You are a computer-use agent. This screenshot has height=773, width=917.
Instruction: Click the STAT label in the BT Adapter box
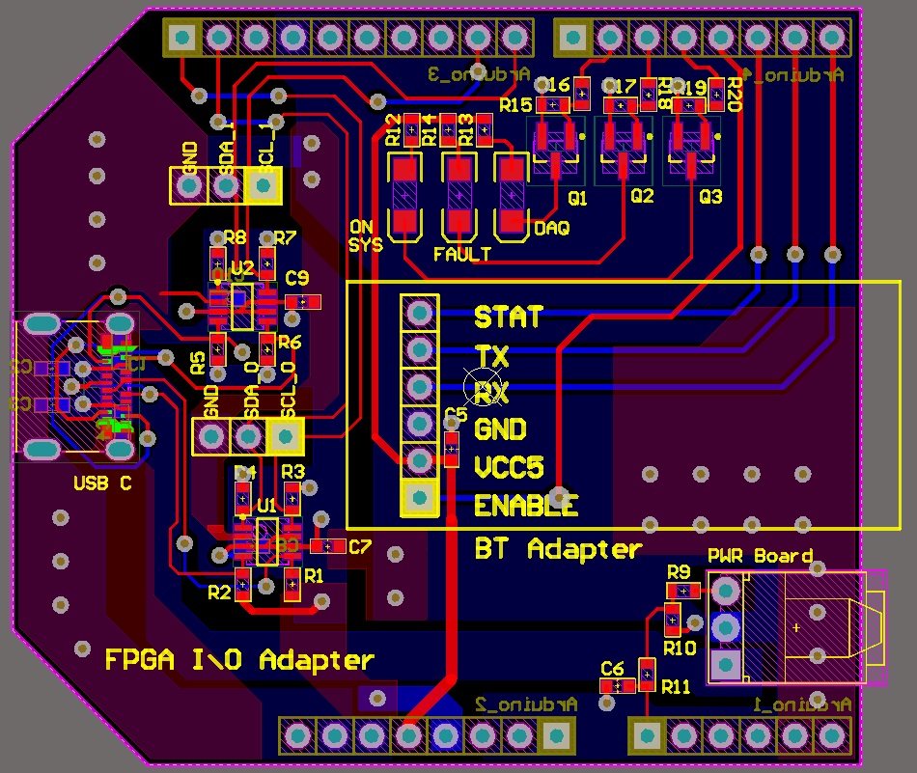tap(508, 317)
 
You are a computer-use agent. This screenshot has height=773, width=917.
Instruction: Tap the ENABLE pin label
tap(526, 505)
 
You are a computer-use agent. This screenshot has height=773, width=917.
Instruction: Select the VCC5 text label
tap(509, 468)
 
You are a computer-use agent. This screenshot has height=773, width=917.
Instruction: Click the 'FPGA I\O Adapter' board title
tap(238, 660)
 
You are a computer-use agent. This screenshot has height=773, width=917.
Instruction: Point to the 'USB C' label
tap(102, 483)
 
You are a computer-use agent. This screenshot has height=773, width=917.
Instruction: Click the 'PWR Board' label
tap(760, 557)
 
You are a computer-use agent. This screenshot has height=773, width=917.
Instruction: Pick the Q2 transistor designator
tap(642, 197)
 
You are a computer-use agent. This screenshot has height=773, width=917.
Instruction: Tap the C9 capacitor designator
tap(297, 279)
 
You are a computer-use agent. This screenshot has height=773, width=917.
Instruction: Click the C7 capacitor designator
tap(360, 547)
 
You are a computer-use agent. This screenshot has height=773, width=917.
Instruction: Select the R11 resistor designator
tap(676, 686)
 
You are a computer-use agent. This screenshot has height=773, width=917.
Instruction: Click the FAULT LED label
tap(462, 255)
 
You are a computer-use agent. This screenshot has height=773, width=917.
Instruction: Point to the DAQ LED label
tap(551, 229)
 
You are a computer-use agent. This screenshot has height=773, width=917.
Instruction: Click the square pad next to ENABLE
tap(419, 498)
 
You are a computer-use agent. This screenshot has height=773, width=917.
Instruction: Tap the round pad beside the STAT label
tap(420, 313)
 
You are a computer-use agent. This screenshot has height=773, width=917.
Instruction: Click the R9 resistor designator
tap(678, 571)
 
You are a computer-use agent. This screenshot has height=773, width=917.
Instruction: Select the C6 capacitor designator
tap(612, 668)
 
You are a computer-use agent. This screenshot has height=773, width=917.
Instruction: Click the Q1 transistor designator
tap(577, 199)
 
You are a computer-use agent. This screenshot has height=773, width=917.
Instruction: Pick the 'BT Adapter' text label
tap(558, 549)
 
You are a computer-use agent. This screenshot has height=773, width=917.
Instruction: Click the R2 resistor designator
tap(219, 592)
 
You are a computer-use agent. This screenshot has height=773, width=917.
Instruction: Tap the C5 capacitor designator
tap(456, 416)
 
